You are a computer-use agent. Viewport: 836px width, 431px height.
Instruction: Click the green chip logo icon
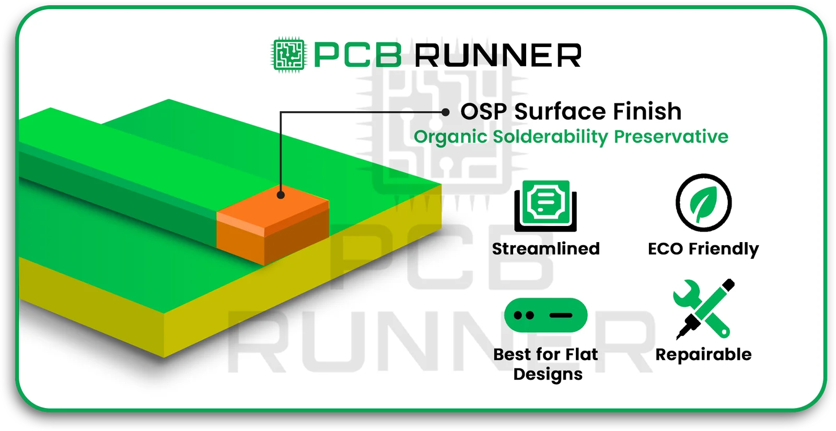(x=288, y=55)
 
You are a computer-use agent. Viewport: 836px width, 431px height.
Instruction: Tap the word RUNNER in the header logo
(x=498, y=56)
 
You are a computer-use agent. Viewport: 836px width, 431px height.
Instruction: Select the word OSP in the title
(x=483, y=112)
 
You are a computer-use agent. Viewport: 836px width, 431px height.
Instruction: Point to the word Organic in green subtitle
(x=450, y=137)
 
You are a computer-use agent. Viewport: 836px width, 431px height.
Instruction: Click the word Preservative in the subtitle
(x=671, y=137)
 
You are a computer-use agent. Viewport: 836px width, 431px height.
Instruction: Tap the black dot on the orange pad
(x=281, y=195)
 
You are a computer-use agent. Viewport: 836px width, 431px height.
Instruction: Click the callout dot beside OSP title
(x=445, y=112)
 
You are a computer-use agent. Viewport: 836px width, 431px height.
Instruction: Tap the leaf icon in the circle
(x=703, y=203)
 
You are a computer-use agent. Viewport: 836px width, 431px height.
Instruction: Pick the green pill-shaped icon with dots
(x=545, y=315)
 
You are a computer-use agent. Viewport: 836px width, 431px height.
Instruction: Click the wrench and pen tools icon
(x=703, y=309)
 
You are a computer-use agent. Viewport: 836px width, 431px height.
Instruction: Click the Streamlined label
(x=545, y=249)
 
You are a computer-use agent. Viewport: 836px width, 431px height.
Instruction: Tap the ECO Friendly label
(x=703, y=249)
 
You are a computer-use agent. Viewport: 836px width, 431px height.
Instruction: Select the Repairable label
(x=703, y=355)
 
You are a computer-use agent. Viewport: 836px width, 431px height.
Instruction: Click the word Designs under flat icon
(x=548, y=375)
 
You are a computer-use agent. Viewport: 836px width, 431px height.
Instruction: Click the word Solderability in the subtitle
(x=550, y=137)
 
